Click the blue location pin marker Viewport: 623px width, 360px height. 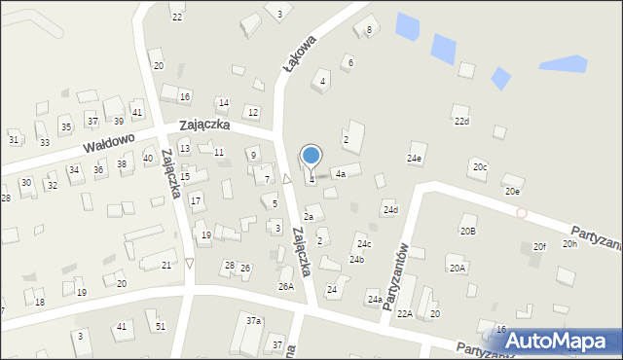click(311, 156)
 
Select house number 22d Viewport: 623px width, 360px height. click(461, 122)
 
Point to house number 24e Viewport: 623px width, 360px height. click(415, 158)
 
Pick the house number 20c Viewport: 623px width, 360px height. click(480, 167)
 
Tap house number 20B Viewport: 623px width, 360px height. click(468, 231)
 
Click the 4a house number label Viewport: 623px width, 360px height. click(340, 173)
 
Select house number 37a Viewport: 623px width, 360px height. click(253, 320)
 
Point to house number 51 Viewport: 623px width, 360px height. click(160, 327)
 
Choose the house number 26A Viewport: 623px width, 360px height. click(285, 286)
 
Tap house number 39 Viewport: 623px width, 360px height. click(118, 121)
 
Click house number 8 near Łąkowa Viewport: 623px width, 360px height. click(369, 30)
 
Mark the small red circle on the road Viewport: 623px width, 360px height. click(522, 212)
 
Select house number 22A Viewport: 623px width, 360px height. click(404, 313)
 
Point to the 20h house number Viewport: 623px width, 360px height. click(569, 243)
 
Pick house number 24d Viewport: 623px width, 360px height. click(390, 210)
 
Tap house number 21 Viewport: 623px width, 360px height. click(166, 265)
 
